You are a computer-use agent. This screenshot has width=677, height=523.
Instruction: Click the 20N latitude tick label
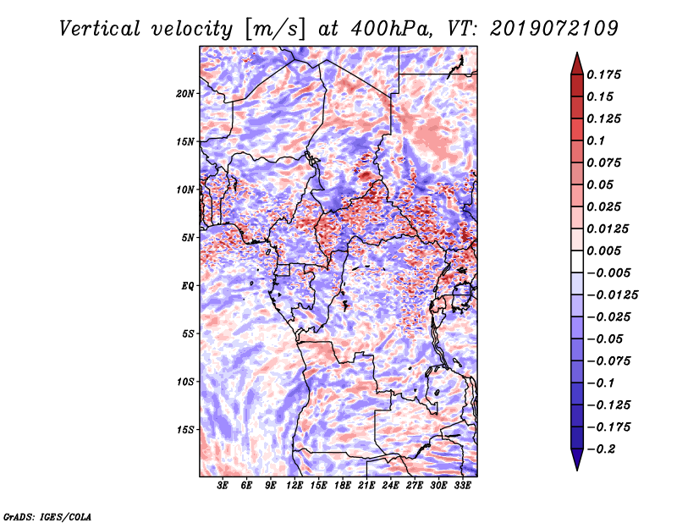[x=185, y=94]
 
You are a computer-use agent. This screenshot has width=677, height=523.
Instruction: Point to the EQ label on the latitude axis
[x=187, y=286]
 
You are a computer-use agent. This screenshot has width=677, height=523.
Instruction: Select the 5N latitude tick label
[x=188, y=238]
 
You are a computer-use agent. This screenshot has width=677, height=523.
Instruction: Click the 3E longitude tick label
[x=223, y=485]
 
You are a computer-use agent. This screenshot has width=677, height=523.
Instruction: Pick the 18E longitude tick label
[x=343, y=485]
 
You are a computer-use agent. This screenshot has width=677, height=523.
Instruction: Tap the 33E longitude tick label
[x=462, y=485]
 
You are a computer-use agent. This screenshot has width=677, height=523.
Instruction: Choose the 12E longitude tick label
[x=294, y=485]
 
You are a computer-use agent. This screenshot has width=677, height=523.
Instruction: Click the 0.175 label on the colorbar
[x=603, y=74]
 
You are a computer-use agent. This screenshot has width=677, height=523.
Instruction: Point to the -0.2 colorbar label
[x=602, y=449]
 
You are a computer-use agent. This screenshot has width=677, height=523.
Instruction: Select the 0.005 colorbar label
[x=603, y=250]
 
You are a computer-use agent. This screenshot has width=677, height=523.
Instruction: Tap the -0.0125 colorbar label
[x=612, y=295]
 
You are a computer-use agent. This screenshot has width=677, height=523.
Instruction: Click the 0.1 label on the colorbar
[x=596, y=140]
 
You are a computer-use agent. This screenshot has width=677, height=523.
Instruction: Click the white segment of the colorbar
[x=577, y=261]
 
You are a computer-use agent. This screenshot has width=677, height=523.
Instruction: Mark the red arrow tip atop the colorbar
[x=577, y=52]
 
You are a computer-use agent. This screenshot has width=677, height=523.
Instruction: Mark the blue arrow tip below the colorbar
[x=577, y=470]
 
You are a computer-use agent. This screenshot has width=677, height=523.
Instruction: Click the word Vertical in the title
[x=100, y=29]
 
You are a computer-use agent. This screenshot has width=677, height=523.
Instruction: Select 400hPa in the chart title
[x=391, y=29]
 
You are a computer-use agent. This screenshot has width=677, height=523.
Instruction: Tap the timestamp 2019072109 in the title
[x=554, y=29]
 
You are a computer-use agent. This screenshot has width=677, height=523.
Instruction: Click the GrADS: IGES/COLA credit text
[x=47, y=516]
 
